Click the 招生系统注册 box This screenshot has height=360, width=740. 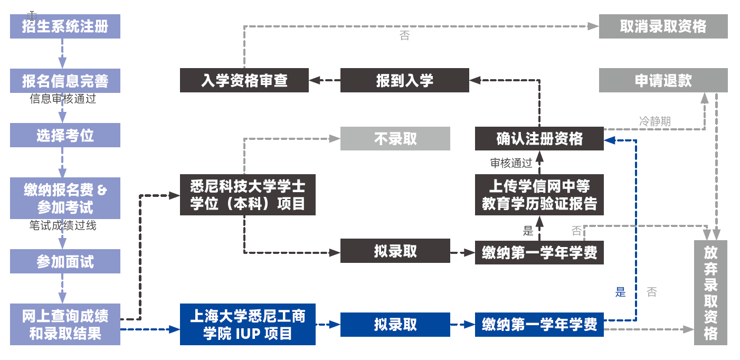tap(65, 26)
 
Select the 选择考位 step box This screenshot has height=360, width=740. tap(65, 135)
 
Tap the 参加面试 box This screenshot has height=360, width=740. tap(65, 261)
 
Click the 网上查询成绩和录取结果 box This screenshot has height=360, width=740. tap(65, 325)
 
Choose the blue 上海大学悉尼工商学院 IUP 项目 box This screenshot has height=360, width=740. tap(248, 325)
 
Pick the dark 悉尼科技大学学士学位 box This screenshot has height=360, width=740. tap(248, 195)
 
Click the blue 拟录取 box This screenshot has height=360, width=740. tap(395, 325)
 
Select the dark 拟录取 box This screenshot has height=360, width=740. tap(395, 251)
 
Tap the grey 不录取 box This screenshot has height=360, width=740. tap(395, 139)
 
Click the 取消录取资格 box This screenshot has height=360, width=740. tap(663, 26)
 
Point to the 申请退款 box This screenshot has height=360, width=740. tap(663, 80)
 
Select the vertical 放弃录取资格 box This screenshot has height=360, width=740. tap(710, 293)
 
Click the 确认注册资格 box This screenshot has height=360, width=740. tap(539, 139)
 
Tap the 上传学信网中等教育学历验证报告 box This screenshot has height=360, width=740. tap(539, 195)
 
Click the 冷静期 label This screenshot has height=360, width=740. tap(654, 121)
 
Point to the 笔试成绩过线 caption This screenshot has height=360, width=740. tap(63, 226)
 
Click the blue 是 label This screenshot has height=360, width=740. tap(620, 292)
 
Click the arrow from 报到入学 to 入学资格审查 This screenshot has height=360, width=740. tap(325, 80)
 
